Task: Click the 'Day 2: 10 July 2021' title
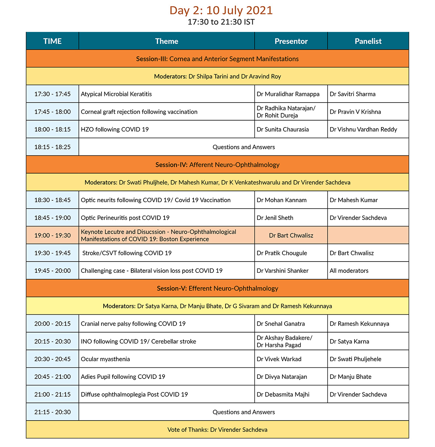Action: [x=221, y=10]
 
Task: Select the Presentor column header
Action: [x=291, y=41]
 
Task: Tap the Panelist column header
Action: [x=368, y=41]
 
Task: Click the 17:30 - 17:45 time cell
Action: [x=53, y=94]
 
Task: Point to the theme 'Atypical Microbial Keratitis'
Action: [x=116, y=94]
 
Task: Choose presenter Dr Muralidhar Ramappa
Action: [x=288, y=94]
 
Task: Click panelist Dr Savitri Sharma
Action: [x=352, y=94]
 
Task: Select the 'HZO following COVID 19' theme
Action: [x=115, y=129]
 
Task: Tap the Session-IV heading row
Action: [x=217, y=165]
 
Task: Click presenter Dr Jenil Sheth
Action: [x=275, y=218]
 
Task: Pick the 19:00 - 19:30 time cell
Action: [x=53, y=235]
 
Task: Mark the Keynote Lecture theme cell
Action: [x=158, y=235]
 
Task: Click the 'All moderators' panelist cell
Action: [x=349, y=271]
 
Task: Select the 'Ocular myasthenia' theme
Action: [x=105, y=359]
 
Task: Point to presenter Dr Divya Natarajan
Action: [x=282, y=377]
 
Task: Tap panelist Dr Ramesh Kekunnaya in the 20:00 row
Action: [x=359, y=324]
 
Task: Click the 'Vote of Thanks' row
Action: [x=217, y=430]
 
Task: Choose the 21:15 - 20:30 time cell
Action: [x=53, y=412]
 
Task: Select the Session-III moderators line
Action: [x=217, y=76]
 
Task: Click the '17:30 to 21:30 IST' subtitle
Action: [x=221, y=22]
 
